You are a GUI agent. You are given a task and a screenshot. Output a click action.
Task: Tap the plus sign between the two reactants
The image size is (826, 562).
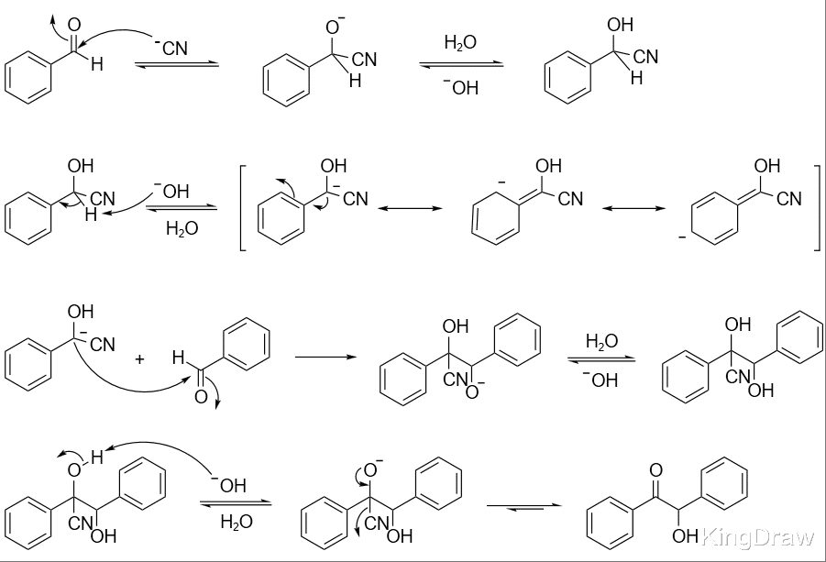(x=139, y=359)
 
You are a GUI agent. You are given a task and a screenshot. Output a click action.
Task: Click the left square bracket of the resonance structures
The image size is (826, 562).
(x=243, y=208)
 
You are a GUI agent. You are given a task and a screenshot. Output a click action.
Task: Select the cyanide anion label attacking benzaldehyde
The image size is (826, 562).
(x=171, y=48)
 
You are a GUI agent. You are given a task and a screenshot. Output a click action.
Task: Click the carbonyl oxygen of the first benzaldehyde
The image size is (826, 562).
(x=74, y=25)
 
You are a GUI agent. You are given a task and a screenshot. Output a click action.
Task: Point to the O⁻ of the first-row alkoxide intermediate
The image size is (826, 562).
(x=335, y=26)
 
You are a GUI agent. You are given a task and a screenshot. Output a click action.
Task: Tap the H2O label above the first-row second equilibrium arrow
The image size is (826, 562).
(x=460, y=42)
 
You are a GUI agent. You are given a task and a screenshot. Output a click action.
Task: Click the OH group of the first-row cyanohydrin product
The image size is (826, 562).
(x=620, y=25)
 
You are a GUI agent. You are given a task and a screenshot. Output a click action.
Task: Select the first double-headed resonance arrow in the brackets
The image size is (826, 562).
(x=411, y=209)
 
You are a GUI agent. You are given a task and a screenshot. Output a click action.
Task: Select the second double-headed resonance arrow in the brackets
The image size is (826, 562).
(x=633, y=209)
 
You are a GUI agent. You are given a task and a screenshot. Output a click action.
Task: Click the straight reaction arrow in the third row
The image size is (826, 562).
(x=325, y=358)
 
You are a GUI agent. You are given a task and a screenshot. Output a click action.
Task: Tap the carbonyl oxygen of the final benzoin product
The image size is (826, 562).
(x=655, y=470)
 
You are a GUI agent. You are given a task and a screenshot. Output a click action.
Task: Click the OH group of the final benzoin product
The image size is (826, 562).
(x=686, y=536)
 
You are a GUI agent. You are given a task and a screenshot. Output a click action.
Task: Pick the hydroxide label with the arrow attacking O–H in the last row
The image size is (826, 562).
(x=229, y=484)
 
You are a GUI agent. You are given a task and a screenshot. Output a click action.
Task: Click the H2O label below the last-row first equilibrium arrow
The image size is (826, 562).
(x=237, y=522)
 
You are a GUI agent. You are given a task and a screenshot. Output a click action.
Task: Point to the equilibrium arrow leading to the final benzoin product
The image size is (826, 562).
(x=524, y=506)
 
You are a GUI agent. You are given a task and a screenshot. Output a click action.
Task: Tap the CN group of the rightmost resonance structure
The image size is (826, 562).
(x=789, y=199)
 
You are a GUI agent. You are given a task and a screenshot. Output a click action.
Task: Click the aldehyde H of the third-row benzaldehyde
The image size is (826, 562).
(x=179, y=358)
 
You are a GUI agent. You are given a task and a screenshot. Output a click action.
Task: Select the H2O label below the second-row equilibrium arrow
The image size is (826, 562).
(x=182, y=228)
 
